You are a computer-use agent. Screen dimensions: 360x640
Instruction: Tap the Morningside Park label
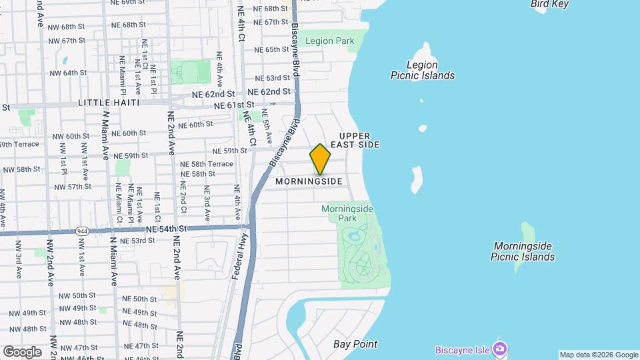(x=347, y=213)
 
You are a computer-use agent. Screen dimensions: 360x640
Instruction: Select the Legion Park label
(x=329, y=41)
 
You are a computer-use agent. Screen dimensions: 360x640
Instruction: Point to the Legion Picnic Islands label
(x=423, y=70)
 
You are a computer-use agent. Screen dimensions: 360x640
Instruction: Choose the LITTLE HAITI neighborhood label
(x=109, y=103)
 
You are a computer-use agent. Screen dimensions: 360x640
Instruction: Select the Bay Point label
(x=355, y=345)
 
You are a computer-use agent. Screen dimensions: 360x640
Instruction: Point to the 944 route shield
(x=83, y=231)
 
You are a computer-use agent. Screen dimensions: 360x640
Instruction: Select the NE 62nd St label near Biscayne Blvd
(x=269, y=92)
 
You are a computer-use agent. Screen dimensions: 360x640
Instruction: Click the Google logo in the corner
(x=22, y=351)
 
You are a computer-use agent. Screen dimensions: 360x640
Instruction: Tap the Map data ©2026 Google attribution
(x=599, y=355)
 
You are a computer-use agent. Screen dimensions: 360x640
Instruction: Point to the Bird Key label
(x=551, y=4)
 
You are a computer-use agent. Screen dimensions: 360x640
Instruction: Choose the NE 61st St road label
(x=234, y=105)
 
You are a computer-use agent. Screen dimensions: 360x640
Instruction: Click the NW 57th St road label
(x=75, y=187)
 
